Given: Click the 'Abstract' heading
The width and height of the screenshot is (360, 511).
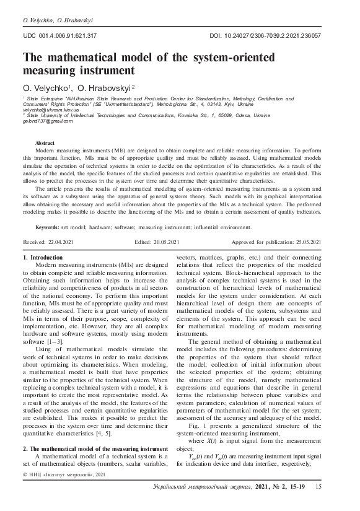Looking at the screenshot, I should (45, 143).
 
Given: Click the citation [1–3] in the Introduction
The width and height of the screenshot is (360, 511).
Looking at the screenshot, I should (60, 341).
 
